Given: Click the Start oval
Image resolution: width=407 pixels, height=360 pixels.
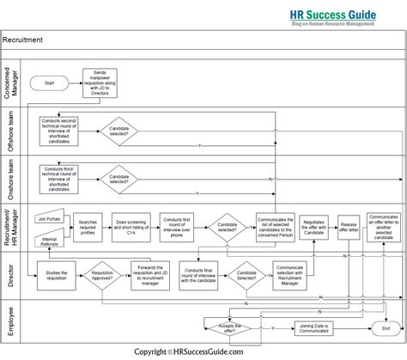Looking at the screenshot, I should click(x=48, y=82).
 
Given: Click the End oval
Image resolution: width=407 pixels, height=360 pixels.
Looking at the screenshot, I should click(x=384, y=328).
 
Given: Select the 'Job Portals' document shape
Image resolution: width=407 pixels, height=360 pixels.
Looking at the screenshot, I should click(x=50, y=218).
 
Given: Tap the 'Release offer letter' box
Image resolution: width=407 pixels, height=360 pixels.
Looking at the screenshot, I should click(x=348, y=227).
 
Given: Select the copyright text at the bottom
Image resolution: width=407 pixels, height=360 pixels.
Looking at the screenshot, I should click(x=203, y=351).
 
